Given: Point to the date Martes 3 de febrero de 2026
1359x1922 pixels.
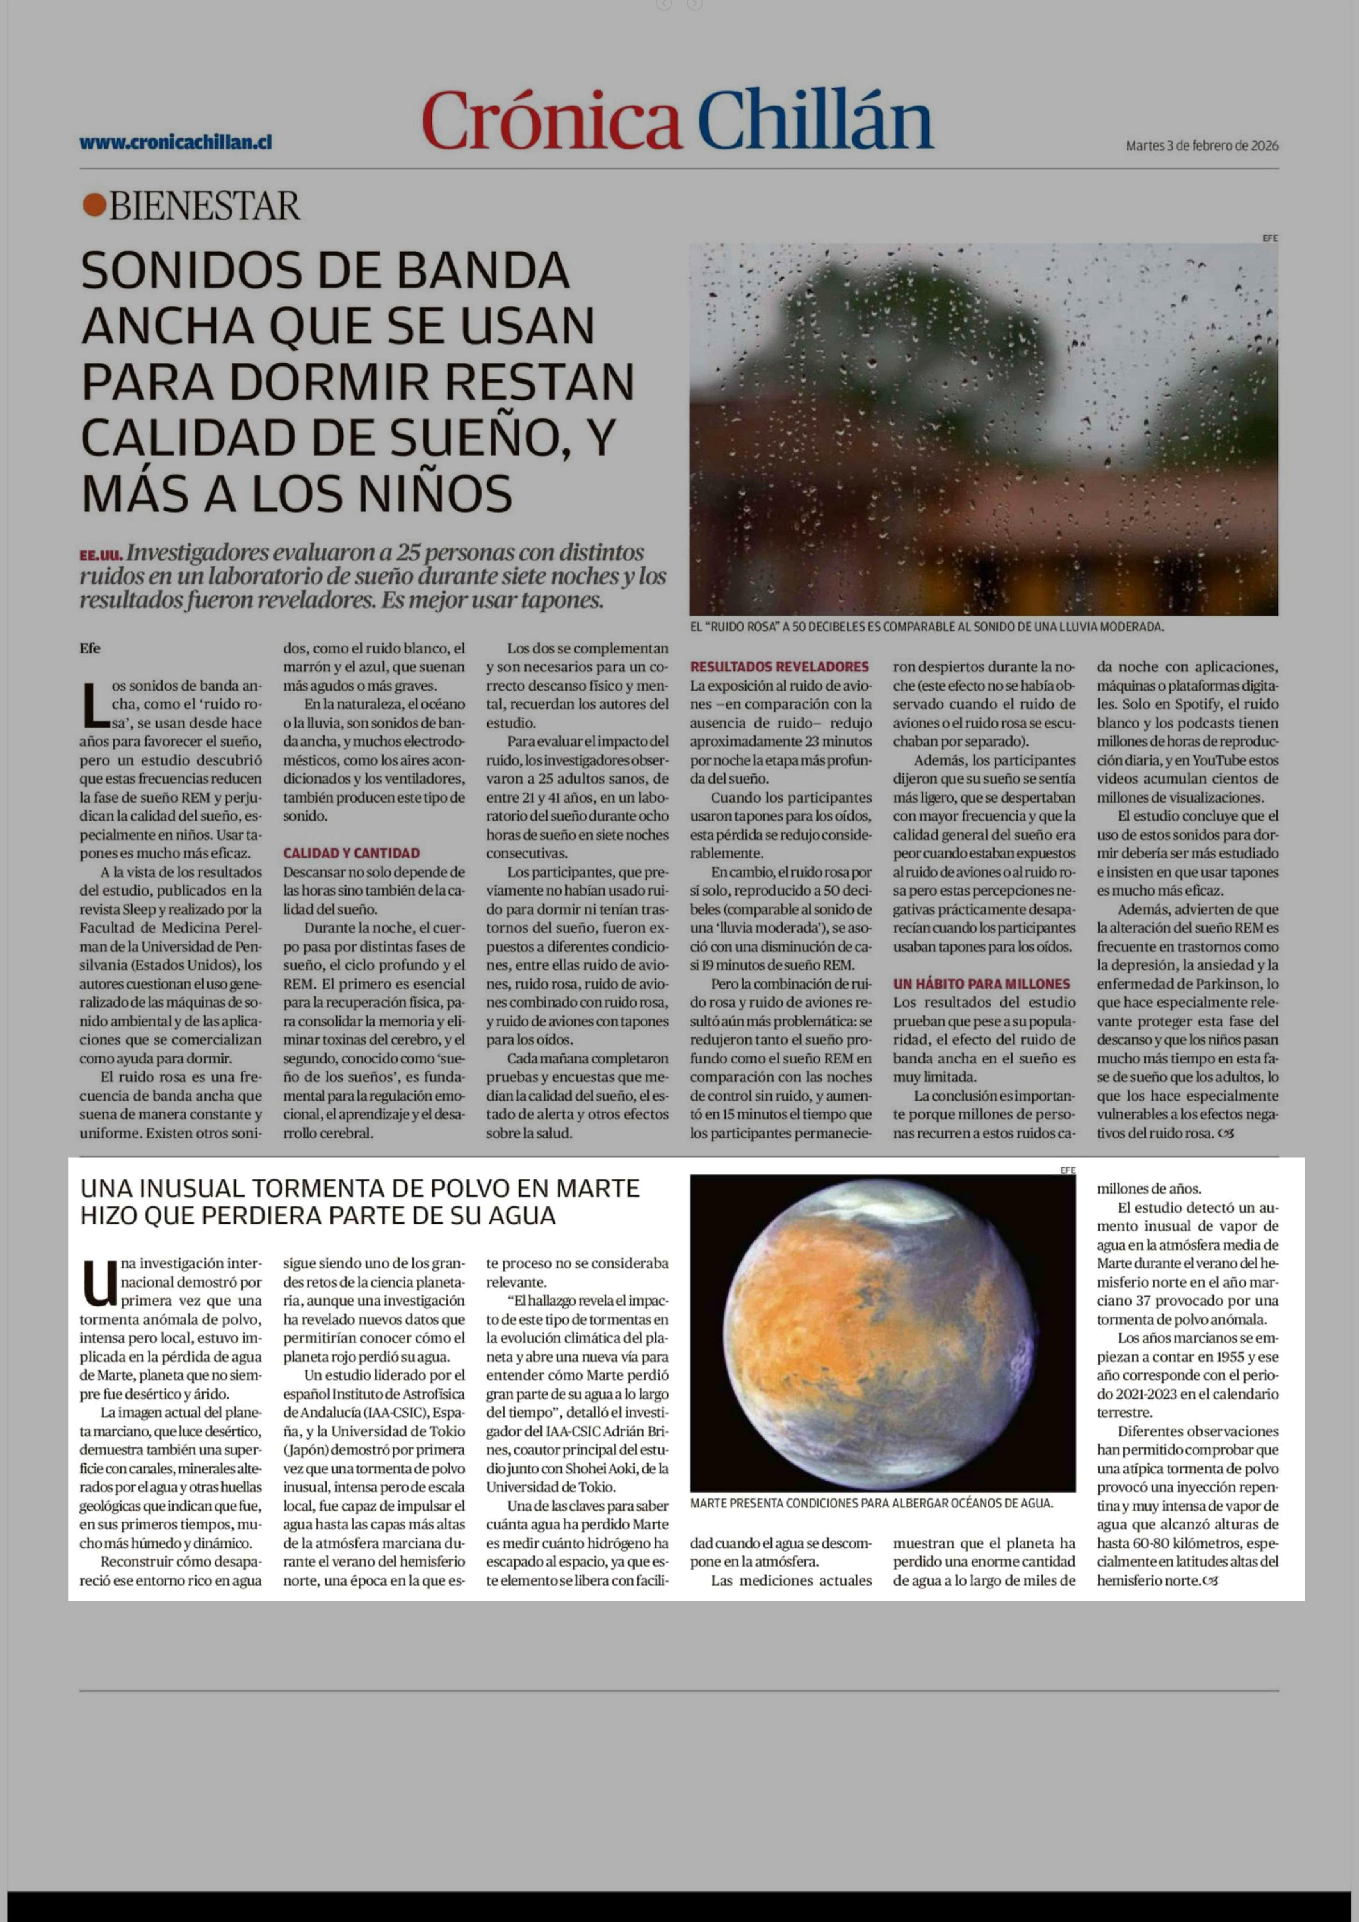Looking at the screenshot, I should tap(1202, 146).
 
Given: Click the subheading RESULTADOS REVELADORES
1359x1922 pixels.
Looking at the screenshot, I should tap(779, 667).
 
